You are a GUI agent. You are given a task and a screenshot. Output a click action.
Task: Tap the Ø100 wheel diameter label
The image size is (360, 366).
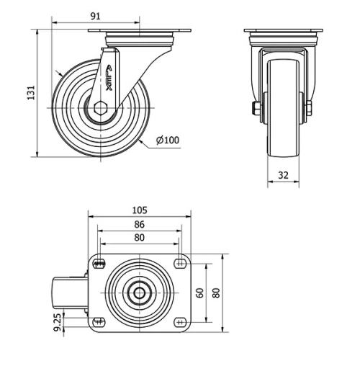coord(167,140)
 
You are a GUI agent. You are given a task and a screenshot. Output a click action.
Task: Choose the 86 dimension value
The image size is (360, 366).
coord(140,225)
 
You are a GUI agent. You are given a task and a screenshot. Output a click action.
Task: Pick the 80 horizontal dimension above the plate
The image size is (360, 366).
coord(140,238)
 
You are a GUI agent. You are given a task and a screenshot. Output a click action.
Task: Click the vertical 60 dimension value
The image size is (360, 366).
coord(199,293)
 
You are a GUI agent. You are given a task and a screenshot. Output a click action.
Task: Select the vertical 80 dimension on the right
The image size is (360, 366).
coord(215,293)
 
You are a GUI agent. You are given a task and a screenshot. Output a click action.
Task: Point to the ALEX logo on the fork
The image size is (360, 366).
coord(109,75)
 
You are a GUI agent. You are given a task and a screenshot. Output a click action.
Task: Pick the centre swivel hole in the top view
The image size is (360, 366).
coord(140,293)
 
